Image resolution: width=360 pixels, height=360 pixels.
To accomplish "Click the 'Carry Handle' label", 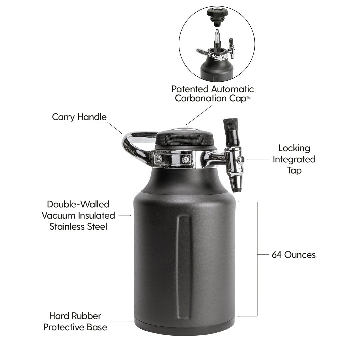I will coord(79,117).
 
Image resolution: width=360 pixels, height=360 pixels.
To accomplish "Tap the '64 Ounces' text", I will coord(293,255).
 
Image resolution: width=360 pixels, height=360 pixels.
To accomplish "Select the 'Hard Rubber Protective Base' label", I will coord(75,321).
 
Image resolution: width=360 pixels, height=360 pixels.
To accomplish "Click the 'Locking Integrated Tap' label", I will coord(294,159).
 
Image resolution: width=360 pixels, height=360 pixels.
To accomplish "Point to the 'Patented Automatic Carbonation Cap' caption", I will coord(213,94).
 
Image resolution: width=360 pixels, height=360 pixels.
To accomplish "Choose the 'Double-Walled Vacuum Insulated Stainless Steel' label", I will coord(78,215).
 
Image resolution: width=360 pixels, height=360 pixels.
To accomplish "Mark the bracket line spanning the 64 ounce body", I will coord(257,259).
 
